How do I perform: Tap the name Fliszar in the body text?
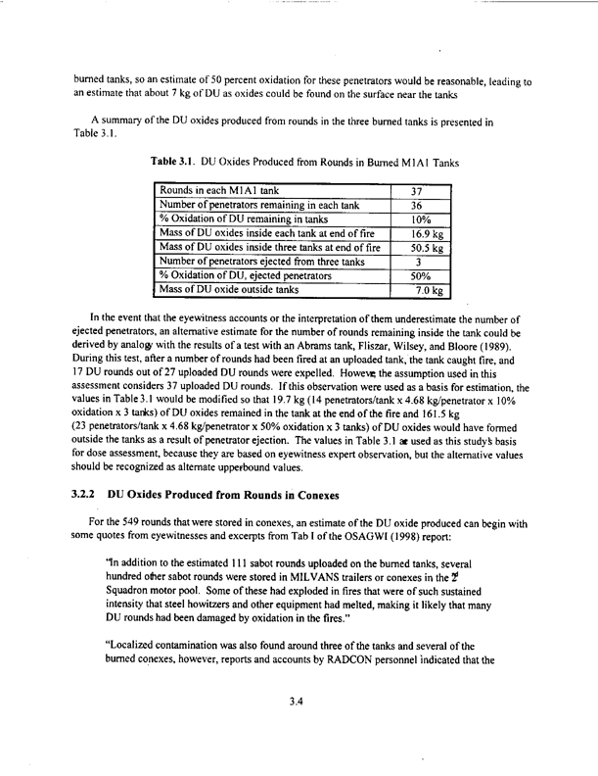pyautogui.click(x=325, y=370)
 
